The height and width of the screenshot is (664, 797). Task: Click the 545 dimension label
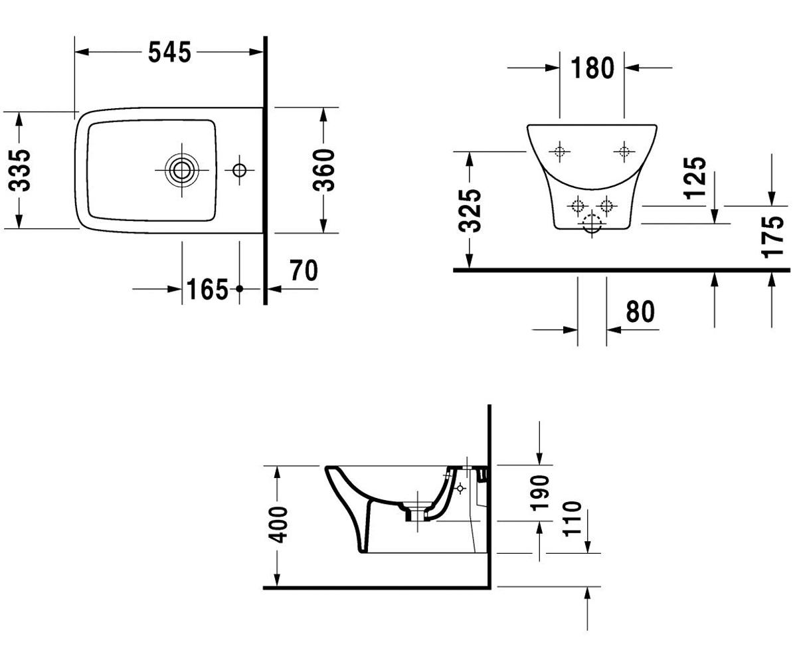pyautogui.click(x=169, y=52)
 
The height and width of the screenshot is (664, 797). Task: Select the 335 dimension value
pyautogui.click(x=19, y=170)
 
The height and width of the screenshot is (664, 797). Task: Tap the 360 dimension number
pyautogui.click(x=323, y=170)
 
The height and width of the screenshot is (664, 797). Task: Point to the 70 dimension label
pyautogui.click(x=304, y=270)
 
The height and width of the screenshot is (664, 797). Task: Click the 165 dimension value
pyautogui.click(x=207, y=290)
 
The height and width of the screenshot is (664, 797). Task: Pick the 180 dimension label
pyautogui.click(x=592, y=68)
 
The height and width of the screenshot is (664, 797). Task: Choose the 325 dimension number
pyautogui.click(x=470, y=210)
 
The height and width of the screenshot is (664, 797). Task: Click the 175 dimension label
pyautogui.click(x=772, y=237)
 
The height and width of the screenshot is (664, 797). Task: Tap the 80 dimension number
pyautogui.click(x=640, y=312)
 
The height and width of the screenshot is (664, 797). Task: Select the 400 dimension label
pyautogui.click(x=278, y=525)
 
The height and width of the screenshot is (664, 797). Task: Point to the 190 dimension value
pyautogui.click(x=540, y=493)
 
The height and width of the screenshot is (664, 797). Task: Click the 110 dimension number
pyautogui.click(x=572, y=519)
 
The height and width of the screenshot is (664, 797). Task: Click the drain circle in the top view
pyautogui.click(x=182, y=170)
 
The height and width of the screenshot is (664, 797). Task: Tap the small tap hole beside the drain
pyautogui.click(x=239, y=170)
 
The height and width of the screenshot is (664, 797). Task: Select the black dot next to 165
pyautogui.click(x=239, y=289)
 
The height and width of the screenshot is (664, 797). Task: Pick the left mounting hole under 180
pyautogui.click(x=560, y=152)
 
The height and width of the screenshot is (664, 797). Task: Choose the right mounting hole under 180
pyautogui.click(x=624, y=152)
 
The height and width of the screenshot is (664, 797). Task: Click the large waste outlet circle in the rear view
pyautogui.click(x=592, y=224)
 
